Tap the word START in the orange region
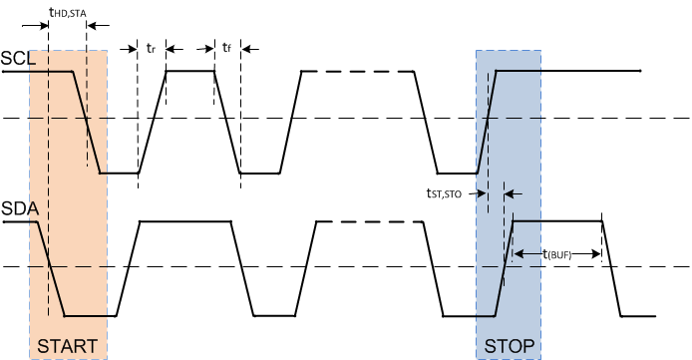(x=67, y=346)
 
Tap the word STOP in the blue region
(x=510, y=346)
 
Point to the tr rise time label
(x=152, y=47)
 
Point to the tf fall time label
(x=227, y=47)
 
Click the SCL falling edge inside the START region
(x=88, y=122)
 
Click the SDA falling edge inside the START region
(x=51, y=269)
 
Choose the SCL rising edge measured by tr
(x=152, y=122)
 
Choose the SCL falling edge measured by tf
(x=227, y=122)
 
